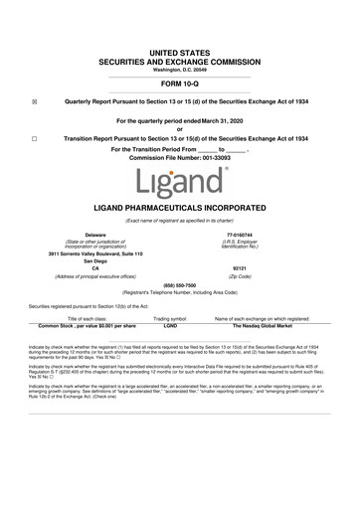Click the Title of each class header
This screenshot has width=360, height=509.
click(87, 345)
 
